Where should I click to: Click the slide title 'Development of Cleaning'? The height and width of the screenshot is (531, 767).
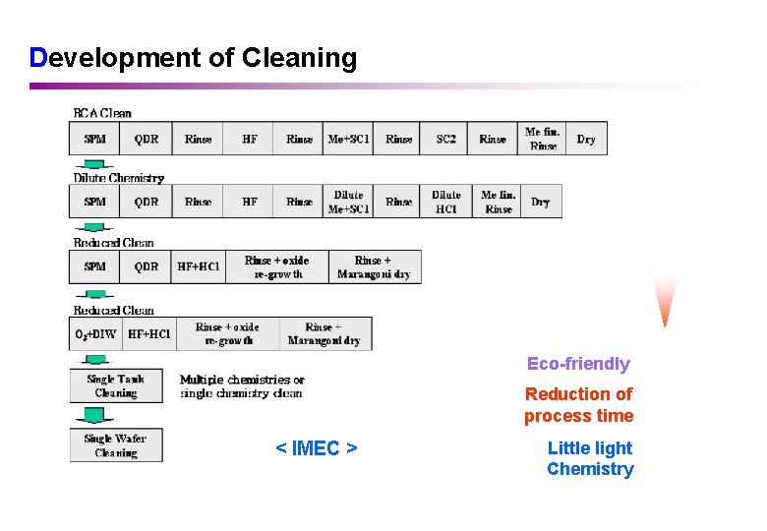pyautogui.click(x=194, y=58)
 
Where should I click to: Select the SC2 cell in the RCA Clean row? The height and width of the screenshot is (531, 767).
pyautogui.click(x=445, y=139)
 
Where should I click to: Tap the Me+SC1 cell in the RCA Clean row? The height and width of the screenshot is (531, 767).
pyautogui.click(x=348, y=139)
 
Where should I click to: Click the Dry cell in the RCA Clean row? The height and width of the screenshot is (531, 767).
pyautogui.click(x=586, y=139)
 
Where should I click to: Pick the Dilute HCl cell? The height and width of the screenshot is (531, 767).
pyautogui.click(x=446, y=202)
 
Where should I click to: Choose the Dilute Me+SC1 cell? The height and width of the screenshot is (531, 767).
pyautogui.click(x=348, y=202)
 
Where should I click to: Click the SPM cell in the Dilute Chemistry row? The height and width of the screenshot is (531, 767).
pyautogui.click(x=94, y=202)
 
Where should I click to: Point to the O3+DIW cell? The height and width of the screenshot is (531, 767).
pyautogui.click(x=95, y=333)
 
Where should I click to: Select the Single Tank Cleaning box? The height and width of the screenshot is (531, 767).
pyautogui.click(x=116, y=385)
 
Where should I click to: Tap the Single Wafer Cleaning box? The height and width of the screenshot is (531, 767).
pyautogui.click(x=116, y=445)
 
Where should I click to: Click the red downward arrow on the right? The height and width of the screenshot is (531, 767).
pyautogui.click(x=666, y=300)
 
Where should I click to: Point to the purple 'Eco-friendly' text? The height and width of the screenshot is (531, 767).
pyautogui.click(x=578, y=364)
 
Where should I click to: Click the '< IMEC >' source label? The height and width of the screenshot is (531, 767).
pyautogui.click(x=316, y=448)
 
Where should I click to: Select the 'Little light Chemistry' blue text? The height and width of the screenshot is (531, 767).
pyautogui.click(x=590, y=458)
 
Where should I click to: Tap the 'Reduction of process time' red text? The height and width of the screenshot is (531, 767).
pyautogui.click(x=578, y=404)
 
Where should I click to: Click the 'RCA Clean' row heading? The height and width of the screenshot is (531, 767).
pyautogui.click(x=102, y=113)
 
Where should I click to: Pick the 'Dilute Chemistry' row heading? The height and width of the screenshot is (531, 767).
pyautogui.click(x=118, y=178)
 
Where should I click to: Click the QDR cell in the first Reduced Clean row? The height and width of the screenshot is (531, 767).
pyautogui.click(x=146, y=266)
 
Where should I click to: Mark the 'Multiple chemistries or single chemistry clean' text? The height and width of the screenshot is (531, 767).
pyautogui.click(x=242, y=386)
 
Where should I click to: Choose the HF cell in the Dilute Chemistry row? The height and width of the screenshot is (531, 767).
pyautogui.click(x=250, y=202)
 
